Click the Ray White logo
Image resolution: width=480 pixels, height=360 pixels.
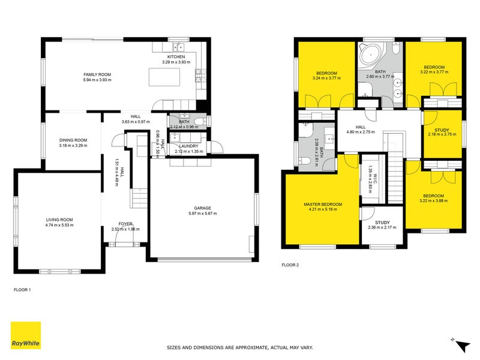pyautogui.click(x=26, y=335)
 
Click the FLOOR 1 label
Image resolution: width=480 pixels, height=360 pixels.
pyautogui.click(x=22, y=289)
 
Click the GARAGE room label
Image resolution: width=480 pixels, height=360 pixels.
pyautogui.click(x=202, y=208)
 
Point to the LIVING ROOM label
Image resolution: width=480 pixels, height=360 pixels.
pyautogui.click(x=59, y=220)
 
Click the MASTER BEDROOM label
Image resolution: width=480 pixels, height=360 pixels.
pyautogui.click(x=322, y=205)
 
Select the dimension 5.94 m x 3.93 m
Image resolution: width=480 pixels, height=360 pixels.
pyautogui.click(x=97, y=79)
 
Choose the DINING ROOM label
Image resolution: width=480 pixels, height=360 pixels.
pyautogui.click(x=73, y=140)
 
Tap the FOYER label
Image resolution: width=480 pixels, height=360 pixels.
pyautogui.click(x=125, y=224)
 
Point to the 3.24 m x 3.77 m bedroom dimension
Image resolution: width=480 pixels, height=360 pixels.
pyautogui.click(x=327, y=77)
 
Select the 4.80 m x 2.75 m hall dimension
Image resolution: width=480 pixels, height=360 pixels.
pyautogui.click(x=361, y=132)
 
